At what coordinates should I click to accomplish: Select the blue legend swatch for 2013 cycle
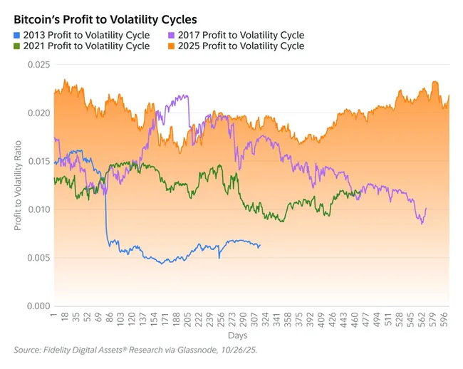click(x=18, y=35)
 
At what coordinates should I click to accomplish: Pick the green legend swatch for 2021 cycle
click(x=18, y=46)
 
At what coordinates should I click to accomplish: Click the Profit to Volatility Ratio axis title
click(x=17, y=185)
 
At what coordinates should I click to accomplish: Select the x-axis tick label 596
click(x=443, y=318)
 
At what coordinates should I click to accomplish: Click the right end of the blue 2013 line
click(x=261, y=245)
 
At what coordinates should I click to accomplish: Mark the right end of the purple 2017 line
click(x=426, y=208)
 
